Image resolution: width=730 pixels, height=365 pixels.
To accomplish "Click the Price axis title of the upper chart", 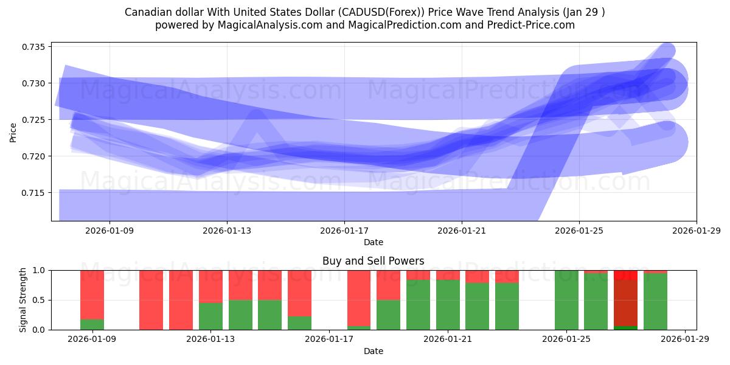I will (x=13, y=132).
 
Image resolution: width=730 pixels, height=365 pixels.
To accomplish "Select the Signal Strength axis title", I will (x=23, y=300).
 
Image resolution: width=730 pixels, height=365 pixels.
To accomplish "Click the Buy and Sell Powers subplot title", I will (x=373, y=261).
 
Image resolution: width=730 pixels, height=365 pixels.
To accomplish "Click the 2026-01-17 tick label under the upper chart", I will (x=344, y=231).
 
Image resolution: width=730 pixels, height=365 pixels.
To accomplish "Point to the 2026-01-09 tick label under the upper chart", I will (x=109, y=231).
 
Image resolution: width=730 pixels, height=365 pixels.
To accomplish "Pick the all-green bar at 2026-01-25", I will (x=566, y=300).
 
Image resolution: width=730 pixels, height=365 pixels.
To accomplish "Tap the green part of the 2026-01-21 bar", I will (x=448, y=305).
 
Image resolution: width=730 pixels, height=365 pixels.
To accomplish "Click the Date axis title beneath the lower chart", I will (x=373, y=351).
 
